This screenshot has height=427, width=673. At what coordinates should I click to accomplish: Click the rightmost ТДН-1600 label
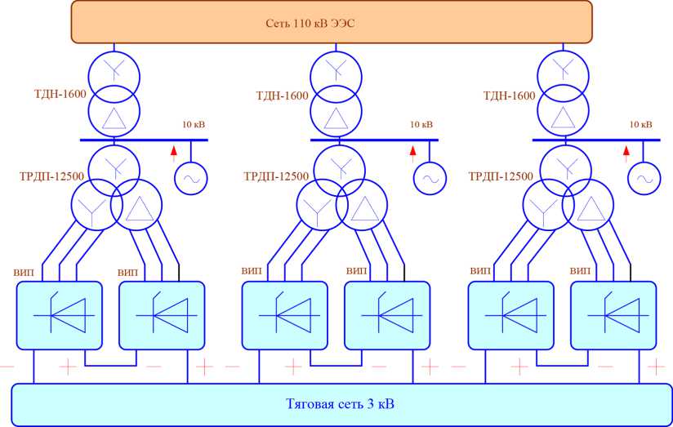point(509,96)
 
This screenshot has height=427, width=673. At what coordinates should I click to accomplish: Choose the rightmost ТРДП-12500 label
point(501,176)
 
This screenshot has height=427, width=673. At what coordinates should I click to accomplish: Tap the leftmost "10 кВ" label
point(194,124)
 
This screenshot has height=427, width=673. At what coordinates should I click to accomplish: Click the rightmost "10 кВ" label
point(640,124)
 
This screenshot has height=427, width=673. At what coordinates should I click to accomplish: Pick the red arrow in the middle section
point(412,150)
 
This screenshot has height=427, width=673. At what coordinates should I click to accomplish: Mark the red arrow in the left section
point(173,150)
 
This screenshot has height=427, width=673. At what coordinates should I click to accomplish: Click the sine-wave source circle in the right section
point(644,178)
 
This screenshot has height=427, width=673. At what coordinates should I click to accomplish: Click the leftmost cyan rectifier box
point(60,314)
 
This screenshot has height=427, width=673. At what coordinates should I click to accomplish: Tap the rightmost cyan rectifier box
point(613,314)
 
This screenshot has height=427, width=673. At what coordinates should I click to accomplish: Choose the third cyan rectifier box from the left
point(284,314)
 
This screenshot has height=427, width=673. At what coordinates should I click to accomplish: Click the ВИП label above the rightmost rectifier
point(581,270)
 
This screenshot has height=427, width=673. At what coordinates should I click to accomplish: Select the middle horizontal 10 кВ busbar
point(375,140)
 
